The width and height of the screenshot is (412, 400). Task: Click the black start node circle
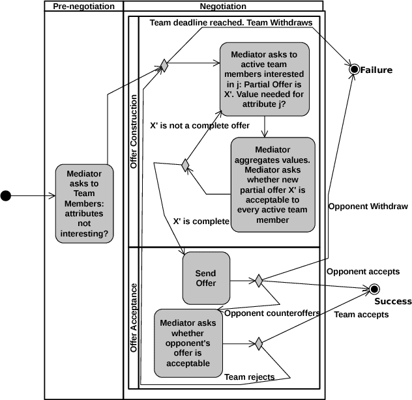coord(7,195)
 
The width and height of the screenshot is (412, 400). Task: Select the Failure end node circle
coord(354,69)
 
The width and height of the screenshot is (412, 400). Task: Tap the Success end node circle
coord(374,289)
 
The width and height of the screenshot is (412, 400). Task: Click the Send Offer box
coord(206,278)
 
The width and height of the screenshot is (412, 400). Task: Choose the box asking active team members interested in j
coord(264,79)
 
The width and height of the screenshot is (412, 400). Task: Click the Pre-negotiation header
coord(83,7)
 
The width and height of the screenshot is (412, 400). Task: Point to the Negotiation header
coord(223,7)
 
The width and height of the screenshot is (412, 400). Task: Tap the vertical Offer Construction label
coord(134,132)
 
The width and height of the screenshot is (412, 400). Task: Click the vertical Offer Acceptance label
coord(134,318)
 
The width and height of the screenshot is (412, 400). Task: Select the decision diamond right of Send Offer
coord(259,281)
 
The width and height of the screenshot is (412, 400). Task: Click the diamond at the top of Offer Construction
coord(164,65)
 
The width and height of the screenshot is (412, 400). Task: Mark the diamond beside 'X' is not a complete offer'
coord(185,165)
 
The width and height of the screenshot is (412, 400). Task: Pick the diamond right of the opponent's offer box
coord(259,342)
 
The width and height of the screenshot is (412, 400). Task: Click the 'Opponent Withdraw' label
coord(368,207)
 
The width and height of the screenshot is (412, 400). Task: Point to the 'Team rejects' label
coord(249,377)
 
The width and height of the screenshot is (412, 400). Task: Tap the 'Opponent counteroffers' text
coord(271,313)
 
